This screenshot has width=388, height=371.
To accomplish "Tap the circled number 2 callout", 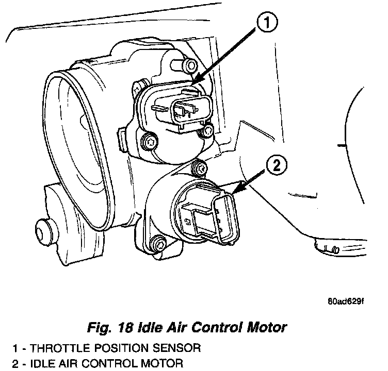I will [x=276, y=166].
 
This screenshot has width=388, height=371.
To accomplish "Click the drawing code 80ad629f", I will [x=345, y=301].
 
